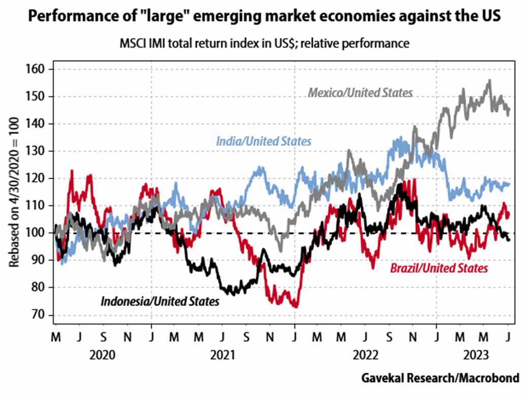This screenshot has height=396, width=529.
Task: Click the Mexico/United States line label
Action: [360, 92]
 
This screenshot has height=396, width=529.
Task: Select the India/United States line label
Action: [263, 141]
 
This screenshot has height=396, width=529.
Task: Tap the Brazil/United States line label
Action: [439, 268]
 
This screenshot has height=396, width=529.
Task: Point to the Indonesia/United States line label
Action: [160, 301]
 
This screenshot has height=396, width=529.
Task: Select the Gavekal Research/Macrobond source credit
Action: [440, 378]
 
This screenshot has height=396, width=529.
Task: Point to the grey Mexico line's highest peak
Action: [489, 80]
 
